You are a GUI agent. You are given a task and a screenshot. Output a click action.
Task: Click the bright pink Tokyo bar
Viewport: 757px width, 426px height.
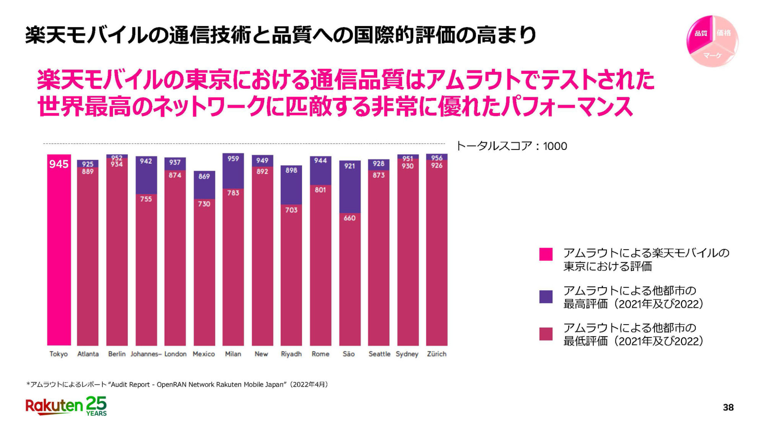(x=59, y=256)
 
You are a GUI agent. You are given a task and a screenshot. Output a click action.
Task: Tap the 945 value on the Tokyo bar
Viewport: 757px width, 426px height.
(x=59, y=164)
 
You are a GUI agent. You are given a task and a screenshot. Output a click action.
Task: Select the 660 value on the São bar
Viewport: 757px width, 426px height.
(x=350, y=218)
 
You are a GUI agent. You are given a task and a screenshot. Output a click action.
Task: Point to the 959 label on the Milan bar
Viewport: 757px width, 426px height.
(x=233, y=159)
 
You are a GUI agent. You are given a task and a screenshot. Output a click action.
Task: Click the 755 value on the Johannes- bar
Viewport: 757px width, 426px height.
(x=146, y=199)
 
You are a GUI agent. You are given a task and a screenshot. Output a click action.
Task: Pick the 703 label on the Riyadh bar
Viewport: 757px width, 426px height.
(x=291, y=210)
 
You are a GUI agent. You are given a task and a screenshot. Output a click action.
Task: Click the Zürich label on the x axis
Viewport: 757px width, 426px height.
(x=436, y=354)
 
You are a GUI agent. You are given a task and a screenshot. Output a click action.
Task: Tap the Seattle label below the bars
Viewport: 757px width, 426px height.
(x=379, y=354)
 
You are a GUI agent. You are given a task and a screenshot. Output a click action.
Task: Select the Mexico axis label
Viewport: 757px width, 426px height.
(x=204, y=354)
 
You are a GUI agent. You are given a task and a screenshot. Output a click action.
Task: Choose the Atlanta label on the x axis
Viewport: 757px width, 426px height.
(x=88, y=354)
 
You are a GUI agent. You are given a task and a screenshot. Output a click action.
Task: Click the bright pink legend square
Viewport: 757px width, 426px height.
(x=546, y=254)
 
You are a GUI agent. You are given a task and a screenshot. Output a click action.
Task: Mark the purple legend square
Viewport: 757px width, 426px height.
(x=546, y=296)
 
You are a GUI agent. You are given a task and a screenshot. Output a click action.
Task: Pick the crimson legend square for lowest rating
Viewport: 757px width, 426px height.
(x=546, y=334)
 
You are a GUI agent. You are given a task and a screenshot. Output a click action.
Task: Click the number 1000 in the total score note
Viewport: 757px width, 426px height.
(x=555, y=146)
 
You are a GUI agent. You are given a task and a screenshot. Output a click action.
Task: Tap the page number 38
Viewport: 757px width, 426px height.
(x=728, y=407)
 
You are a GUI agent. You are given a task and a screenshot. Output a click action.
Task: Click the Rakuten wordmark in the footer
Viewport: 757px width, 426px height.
(x=54, y=406)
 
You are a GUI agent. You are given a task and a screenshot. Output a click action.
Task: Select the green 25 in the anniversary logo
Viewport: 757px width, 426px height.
(x=97, y=403)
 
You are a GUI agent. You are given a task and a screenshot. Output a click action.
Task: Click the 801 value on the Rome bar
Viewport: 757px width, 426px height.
(x=321, y=190)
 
